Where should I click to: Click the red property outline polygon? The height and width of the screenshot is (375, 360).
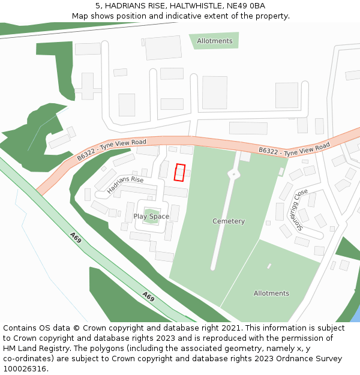tap(179, 172)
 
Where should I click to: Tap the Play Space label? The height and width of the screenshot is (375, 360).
tap(151, 217)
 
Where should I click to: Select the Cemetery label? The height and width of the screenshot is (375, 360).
tap(229, 221)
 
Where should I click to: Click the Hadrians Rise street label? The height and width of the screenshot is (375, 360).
tap(125, 184)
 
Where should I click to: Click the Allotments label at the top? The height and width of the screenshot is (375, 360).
tap(214, 41)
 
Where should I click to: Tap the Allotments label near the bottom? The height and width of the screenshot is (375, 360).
tap(271, 293)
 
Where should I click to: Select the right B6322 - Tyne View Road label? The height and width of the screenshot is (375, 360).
tap(295, 148)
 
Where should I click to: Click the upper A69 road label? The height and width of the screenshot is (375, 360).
tap(76, 238)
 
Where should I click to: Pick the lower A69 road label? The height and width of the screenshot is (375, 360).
tap(148, 296)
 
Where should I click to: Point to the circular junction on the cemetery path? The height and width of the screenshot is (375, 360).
tap(233, 174)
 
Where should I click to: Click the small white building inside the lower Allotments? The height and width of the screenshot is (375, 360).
tap(269, 266)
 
